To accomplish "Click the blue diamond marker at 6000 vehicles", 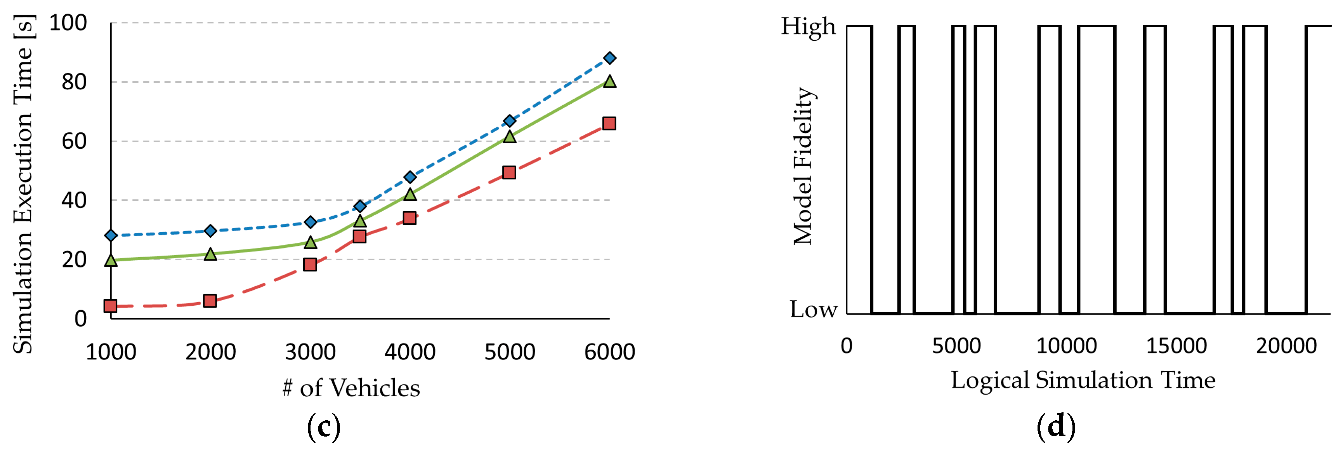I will point(609,58).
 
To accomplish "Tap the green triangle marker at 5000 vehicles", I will point(509,137).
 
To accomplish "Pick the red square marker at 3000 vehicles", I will point(310,265).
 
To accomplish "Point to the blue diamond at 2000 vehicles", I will point(210,230).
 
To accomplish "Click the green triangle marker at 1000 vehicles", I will point(111,260).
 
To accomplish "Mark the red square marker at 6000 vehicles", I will point(609,124).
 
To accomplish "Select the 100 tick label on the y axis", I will point(68,23).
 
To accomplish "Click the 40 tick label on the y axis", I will point(74,200).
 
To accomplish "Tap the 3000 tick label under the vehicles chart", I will point(310,352).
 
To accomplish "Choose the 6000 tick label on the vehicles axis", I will point(609,352).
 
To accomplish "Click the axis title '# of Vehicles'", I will point(351,388).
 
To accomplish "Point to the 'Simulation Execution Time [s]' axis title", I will point(23,184).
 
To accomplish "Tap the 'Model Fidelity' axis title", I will point(803,166).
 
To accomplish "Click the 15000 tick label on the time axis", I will point(1176,346).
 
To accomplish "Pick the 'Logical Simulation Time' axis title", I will point(1083,380).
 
